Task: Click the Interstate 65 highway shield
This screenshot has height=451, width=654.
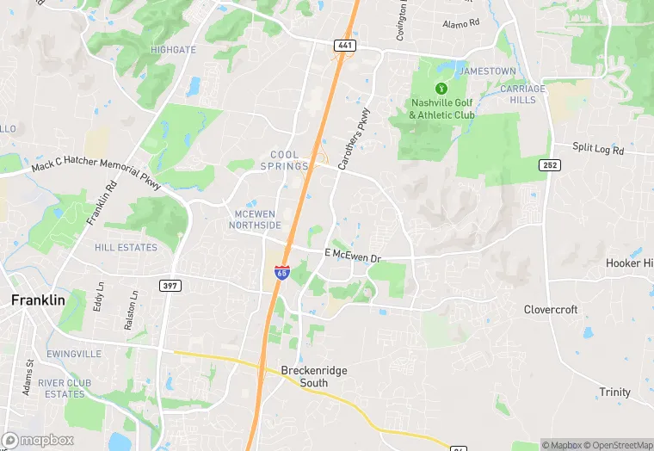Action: pyautogui.click(x=281, y=272)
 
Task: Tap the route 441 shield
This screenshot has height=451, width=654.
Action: pyautogui.click(x=345, y=45)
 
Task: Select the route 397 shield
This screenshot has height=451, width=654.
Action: pyautogui.click(x=169, y=285)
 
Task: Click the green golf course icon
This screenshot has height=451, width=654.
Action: pyautogui.click(x=441, y=88)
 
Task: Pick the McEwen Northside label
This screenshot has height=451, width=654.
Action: pyautogui.click(x=255, y=219)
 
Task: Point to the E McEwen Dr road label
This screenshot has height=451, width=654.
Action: pyautogui.click(x=352, y=255)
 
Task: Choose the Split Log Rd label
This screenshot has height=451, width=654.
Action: pyautogui.click(x=598, y=148)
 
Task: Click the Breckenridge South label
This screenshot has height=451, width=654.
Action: pyautogui.click(x=314, y=376)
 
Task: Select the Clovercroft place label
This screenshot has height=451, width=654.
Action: pyautogui.click(x=551, y=309)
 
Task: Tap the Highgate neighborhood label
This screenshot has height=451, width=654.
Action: pyautogui.click(x=173, y=50)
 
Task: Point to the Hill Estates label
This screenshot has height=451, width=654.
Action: pyautogui.click(x=126, y=248)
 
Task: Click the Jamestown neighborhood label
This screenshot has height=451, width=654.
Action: pyautogui.click(x=488, y=71)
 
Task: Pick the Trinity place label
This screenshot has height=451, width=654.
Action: pyautogui.click(x=614, y=392)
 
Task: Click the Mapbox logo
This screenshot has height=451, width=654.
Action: pyautogui.click(x=38, y=440)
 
